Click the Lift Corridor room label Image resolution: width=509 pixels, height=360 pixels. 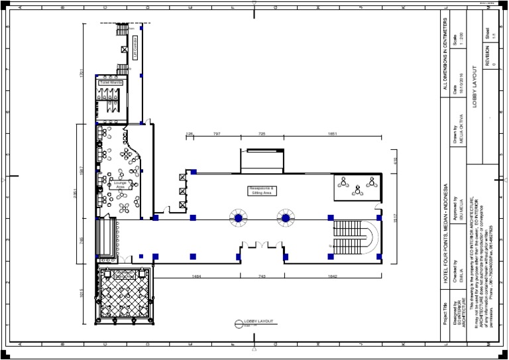[136, 48]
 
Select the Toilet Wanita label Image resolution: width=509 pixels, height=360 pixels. [111, 83]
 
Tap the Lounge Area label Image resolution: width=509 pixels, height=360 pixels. [120, 185]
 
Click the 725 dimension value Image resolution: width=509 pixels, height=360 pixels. [261, 134]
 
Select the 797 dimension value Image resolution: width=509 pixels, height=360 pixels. [216, 134]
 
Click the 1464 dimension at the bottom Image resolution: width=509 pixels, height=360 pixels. [196, 275]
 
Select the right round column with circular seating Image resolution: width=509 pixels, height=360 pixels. [286, 217]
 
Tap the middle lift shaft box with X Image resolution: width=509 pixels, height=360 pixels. [182, 191]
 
